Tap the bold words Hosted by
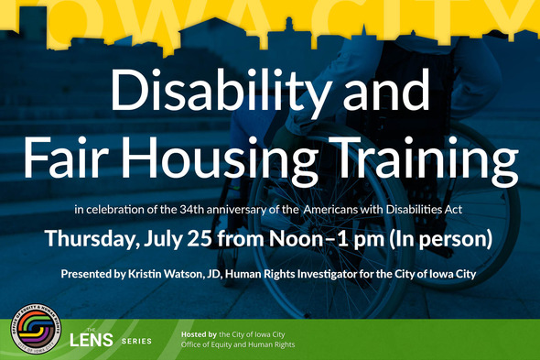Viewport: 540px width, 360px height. [x=200, y=334]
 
